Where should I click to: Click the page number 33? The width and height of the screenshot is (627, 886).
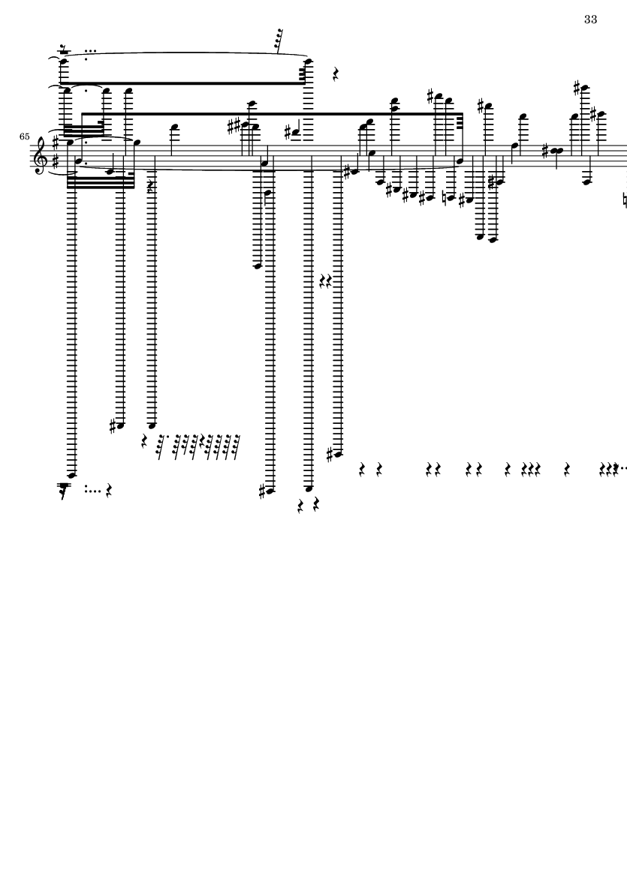coord(590,20)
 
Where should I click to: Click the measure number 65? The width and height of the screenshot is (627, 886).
coord(24,137)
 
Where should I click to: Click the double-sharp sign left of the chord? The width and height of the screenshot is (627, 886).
coord(234,127)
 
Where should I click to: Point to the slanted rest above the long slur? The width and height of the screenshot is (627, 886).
coord(278,41)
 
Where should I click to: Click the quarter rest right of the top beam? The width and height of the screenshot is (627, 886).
coord(335,74)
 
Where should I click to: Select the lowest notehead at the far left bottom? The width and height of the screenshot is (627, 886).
coord(72,476)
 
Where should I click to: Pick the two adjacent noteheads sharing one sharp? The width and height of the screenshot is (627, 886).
coord(558,151)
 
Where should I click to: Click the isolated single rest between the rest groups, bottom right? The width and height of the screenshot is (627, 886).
coord(567,469)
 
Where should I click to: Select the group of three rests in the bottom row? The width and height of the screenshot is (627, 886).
coord(531,469)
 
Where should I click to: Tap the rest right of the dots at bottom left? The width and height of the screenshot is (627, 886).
coord(109,491)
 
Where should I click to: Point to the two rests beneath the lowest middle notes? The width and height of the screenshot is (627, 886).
coord(309,504)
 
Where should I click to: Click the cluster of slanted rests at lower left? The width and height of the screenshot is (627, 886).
coord(191,446)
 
